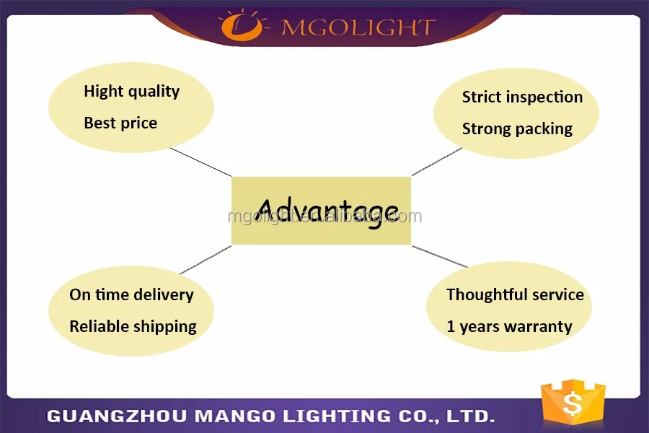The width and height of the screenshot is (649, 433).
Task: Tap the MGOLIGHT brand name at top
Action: point(358,27)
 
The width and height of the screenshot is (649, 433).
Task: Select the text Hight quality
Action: point(132,92)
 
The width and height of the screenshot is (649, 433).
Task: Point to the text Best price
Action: point(120,123)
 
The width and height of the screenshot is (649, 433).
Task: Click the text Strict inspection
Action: point(522,97)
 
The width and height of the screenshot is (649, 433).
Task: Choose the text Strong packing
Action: point(517,129)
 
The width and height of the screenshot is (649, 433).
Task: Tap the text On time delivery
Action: point(132,295)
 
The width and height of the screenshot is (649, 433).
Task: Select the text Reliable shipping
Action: point(133,326)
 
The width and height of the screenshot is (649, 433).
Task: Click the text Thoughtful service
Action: point(516,294)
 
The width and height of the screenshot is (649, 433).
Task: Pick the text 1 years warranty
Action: point(510,326)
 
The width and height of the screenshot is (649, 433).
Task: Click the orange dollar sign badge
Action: point(573,403)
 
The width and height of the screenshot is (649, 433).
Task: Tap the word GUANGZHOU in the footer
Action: point(116,416)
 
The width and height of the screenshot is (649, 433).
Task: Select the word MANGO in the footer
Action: point(234,416)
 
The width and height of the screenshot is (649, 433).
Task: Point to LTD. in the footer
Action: point(471,416)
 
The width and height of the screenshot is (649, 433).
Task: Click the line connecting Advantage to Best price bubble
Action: point(200,162)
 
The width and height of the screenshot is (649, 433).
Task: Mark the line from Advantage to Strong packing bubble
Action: point(437,162)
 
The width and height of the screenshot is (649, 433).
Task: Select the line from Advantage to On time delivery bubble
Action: point(206,260)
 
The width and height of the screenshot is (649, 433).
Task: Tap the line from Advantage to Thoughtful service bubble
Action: point(440,256)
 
